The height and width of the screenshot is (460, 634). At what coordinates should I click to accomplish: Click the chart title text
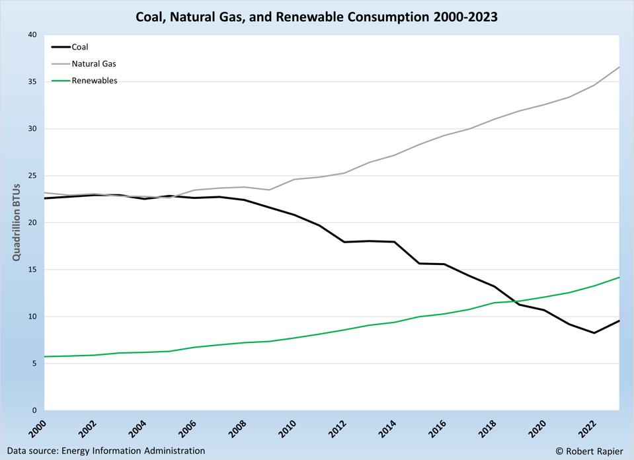317,15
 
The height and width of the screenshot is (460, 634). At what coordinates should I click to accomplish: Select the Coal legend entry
79,47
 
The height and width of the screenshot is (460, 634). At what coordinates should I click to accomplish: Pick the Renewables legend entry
94,81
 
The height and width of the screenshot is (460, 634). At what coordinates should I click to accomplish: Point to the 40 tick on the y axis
31,35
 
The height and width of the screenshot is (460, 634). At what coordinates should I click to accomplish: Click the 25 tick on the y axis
31,176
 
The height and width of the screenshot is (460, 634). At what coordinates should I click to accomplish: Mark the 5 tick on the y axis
34,364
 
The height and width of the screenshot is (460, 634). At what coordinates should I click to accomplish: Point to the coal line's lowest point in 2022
594,333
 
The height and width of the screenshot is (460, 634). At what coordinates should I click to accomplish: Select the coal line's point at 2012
344,242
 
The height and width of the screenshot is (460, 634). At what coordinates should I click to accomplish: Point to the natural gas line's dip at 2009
269,190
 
